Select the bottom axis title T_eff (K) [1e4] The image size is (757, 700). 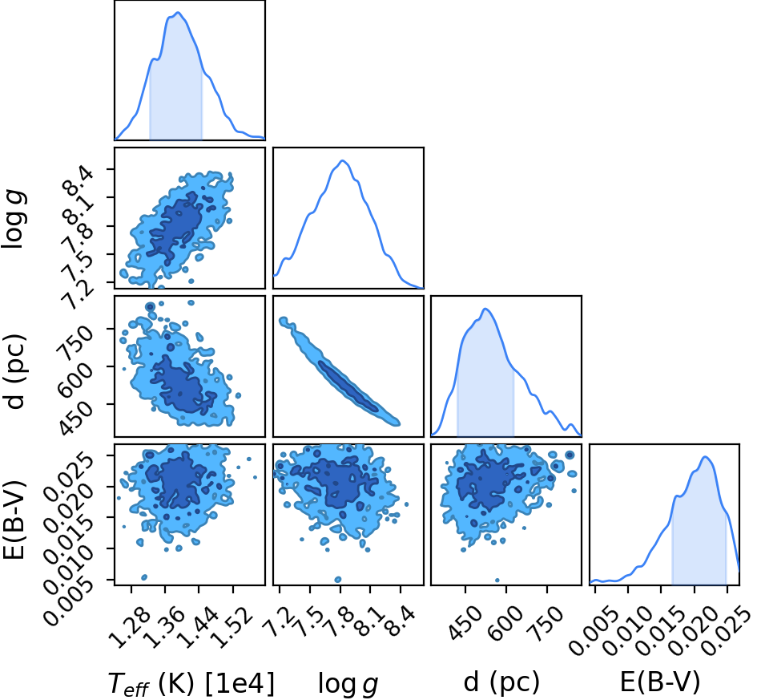tap(191, 684)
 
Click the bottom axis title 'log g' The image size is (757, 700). tap(348, 685)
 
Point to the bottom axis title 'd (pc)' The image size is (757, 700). tap(501, 683)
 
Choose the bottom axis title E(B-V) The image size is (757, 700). tap(660, 683)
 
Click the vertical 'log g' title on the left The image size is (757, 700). tap(13, 220)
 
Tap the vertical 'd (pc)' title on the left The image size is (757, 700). tap(15, 371)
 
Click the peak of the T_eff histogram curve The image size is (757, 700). tap(178, 13)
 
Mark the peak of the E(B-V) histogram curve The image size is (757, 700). tap(705, 456)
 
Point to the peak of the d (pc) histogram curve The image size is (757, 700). tap(485, 309)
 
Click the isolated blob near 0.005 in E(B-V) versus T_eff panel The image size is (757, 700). tap(144, 577)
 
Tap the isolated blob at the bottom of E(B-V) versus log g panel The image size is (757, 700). tap(338, 579)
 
